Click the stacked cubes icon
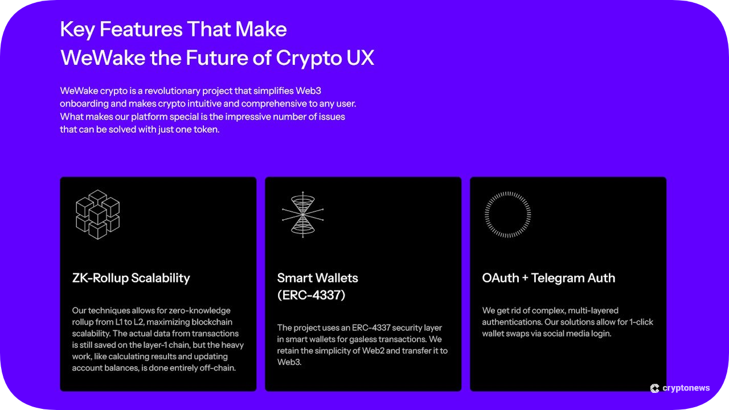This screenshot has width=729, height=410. point(97,215)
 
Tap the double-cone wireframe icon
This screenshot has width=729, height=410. point(302,215)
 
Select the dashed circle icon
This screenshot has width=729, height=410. point(507,215)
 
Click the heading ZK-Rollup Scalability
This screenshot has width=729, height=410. point(131,278)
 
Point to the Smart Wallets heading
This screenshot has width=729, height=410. point(317,278)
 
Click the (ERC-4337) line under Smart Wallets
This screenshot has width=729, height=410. point(311,295)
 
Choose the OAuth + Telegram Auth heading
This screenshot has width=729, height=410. point(548,278)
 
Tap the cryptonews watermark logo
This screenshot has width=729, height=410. point(680,388)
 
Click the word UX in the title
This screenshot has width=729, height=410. point(359,58)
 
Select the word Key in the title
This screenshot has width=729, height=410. point(76,29)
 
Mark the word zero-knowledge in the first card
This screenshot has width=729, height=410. point(203,310)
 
